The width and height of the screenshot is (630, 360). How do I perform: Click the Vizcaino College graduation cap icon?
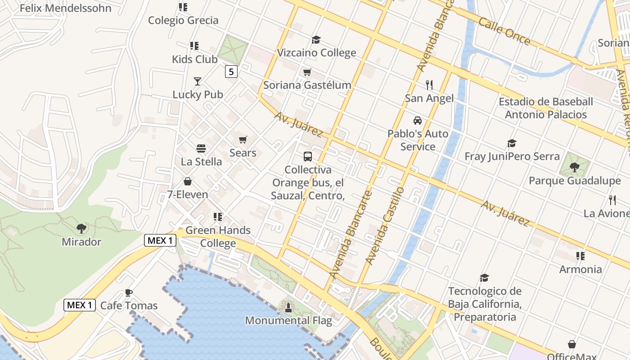click(x=316, y=40)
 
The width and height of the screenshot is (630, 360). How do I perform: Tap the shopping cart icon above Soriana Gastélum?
click(x=307, y=72)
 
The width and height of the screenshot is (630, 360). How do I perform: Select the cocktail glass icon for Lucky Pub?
click(x=197, y=81)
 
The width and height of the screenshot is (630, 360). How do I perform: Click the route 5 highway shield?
click(x=231, y=71)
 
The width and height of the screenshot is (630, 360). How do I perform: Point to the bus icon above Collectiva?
click(x=308, y=157)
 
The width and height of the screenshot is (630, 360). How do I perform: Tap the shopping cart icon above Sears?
click(x=243, y=140)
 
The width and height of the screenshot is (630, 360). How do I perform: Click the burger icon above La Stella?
click(x=201, y=148)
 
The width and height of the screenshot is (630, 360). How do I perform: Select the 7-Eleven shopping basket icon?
click(x=187, y=181)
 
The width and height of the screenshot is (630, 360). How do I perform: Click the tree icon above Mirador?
click(x=81, y=229)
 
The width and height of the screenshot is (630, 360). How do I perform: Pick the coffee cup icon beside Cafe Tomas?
click(x=129, y=292)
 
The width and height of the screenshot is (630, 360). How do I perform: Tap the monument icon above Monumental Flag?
click(x=288, y=308)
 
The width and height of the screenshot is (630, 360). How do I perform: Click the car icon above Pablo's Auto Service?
click(x=418, y=121)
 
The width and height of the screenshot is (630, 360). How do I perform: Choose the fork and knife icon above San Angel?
click(x=429, y=85)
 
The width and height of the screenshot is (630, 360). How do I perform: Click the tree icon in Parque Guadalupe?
click(x=574, y=167)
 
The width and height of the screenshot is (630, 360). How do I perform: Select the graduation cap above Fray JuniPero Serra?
click(x=512, y=144)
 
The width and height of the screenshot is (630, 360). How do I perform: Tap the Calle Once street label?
click(x=504, y=31)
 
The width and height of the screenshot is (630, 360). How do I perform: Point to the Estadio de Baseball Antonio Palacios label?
click(x=545, y=108)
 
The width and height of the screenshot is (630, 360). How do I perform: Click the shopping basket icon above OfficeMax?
click(x=571, y=344)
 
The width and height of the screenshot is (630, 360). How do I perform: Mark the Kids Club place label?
click(x=194, y=59)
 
